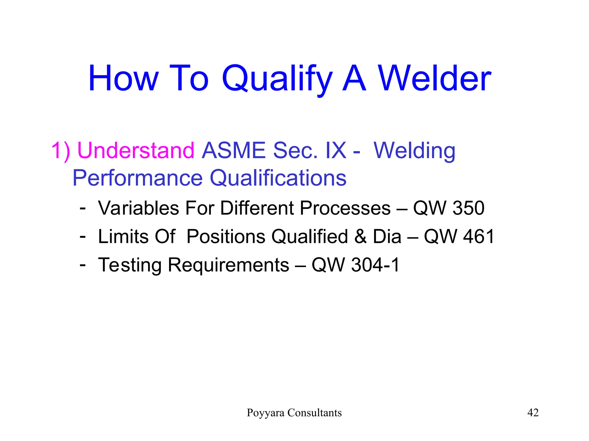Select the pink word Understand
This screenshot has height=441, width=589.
point(136,150)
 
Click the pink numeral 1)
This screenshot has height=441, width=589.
point(61,150)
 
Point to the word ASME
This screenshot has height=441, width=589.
point(234,150)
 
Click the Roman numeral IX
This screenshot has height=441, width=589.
point(336,150)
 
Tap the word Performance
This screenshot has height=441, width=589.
point(137,178)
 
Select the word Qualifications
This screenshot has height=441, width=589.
point(278,178)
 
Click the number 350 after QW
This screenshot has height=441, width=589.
point(468,208)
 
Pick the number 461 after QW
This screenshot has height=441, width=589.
point(479,237)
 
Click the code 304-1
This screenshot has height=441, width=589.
point(375,265)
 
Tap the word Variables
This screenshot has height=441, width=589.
point(139,208)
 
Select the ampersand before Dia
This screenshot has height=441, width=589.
point(360,237)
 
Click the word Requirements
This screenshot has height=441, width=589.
point(228,265)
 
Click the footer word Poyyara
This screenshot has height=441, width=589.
point(265,413)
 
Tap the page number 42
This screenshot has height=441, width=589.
point(533,413)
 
